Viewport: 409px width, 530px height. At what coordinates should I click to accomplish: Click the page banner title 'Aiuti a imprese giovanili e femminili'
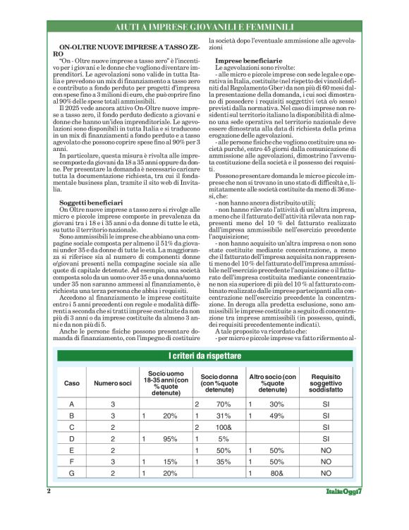point(204,28)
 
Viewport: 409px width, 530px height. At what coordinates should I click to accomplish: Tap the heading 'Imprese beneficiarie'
point(245,60)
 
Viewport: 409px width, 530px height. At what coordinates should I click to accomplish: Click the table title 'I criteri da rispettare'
point(204,353)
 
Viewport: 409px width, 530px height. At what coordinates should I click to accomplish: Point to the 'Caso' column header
point(72,383)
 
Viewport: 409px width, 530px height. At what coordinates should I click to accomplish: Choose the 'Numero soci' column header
point(114,383)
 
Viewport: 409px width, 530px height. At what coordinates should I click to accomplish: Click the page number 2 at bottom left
point(49,510)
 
